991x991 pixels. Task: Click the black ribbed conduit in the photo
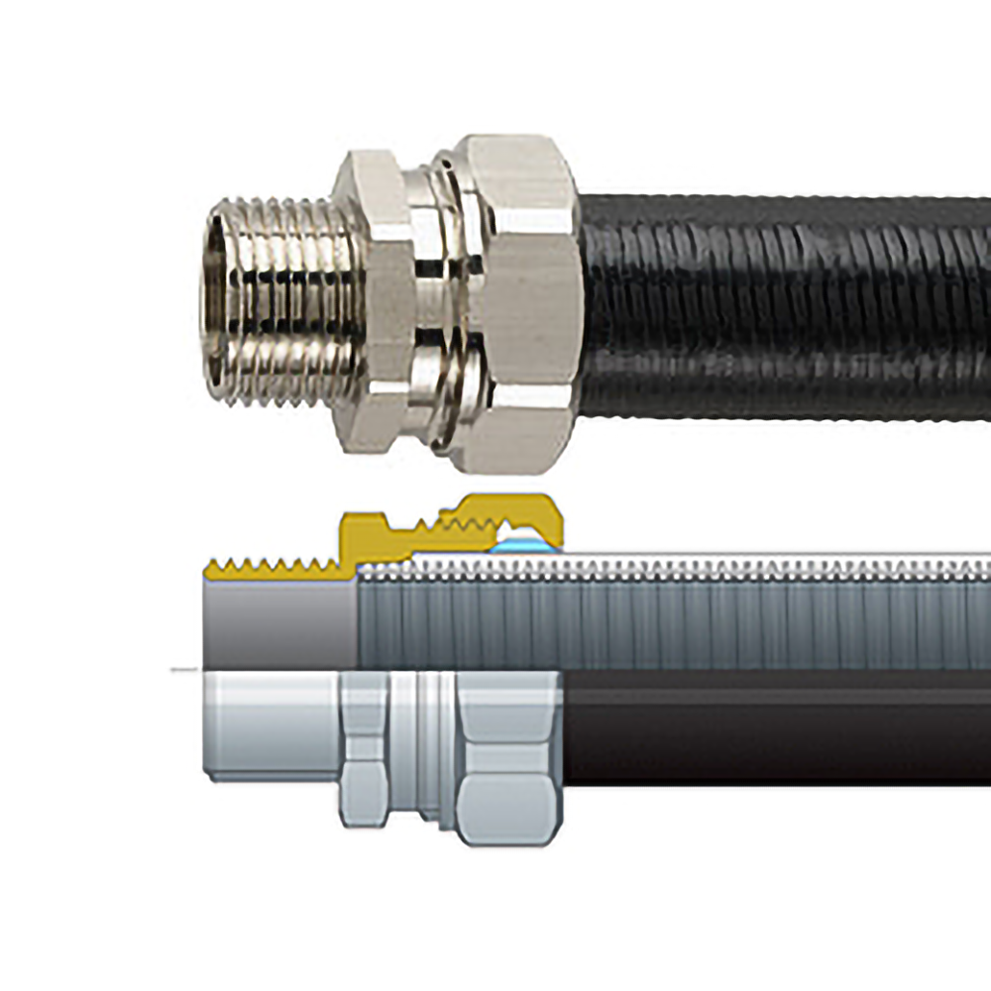tap(783, 307)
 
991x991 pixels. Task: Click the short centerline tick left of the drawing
tap(183, 671)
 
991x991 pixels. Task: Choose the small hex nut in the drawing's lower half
tap(365, 753)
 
